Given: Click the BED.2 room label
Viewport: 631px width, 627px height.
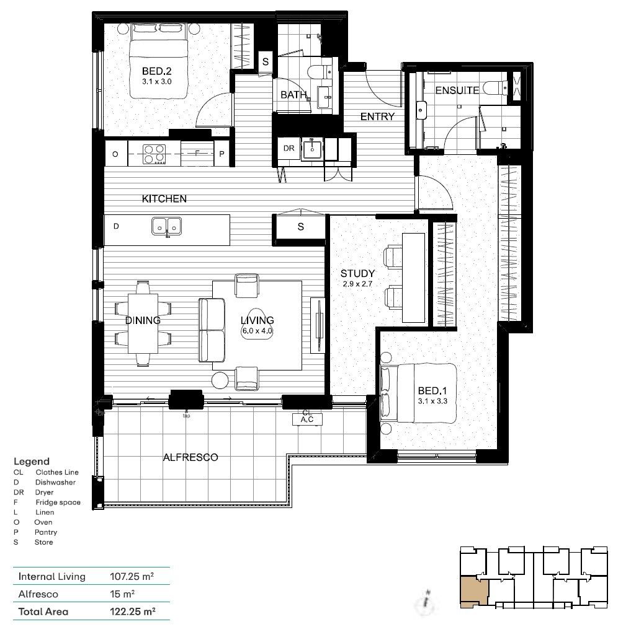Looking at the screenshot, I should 156,71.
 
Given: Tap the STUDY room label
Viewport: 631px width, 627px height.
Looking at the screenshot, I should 358,273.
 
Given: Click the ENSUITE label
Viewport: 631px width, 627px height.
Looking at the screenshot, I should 457,90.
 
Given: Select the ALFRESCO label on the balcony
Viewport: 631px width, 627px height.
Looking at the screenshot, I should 190,457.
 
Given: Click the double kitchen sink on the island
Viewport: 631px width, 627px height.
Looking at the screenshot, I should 166,227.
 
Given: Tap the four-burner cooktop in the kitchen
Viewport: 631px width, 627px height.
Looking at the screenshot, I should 154,154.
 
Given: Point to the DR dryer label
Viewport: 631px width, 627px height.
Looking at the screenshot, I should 289,149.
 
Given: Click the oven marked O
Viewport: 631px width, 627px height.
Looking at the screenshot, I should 115,154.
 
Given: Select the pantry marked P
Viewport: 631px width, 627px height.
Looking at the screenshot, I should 222,154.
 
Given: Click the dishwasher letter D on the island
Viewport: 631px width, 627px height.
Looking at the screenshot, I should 116,227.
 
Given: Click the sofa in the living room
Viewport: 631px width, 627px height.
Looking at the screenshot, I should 211,330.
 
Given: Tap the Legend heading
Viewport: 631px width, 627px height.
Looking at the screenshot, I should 32,462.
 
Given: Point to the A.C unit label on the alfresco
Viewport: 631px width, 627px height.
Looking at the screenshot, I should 307,420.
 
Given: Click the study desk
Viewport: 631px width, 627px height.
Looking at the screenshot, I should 413,278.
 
